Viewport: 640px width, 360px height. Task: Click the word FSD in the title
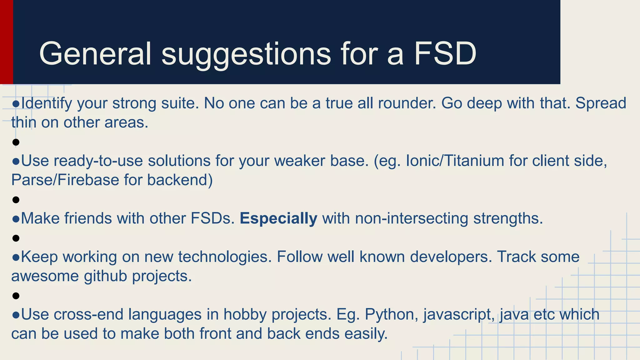(x=445, y=54)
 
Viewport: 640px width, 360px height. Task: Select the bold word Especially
(x=278, y=218)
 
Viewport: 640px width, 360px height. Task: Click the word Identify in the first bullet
(x=47, y=103)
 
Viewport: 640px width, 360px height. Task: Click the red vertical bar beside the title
(x=6, y=42)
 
